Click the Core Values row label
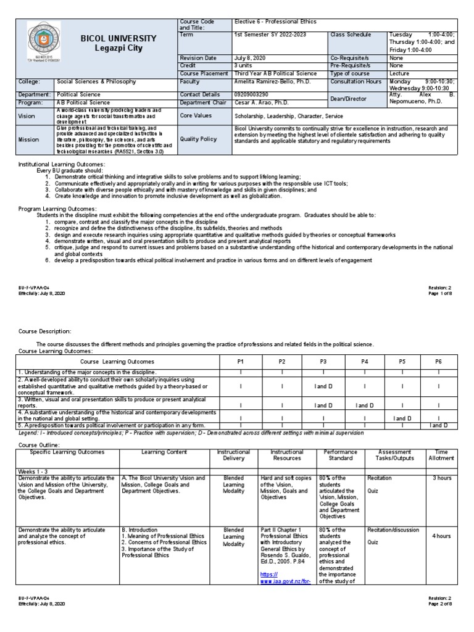(197, 115)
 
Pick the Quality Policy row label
(199, 139)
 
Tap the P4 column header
(364, 362)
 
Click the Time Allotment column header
(442, 455)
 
